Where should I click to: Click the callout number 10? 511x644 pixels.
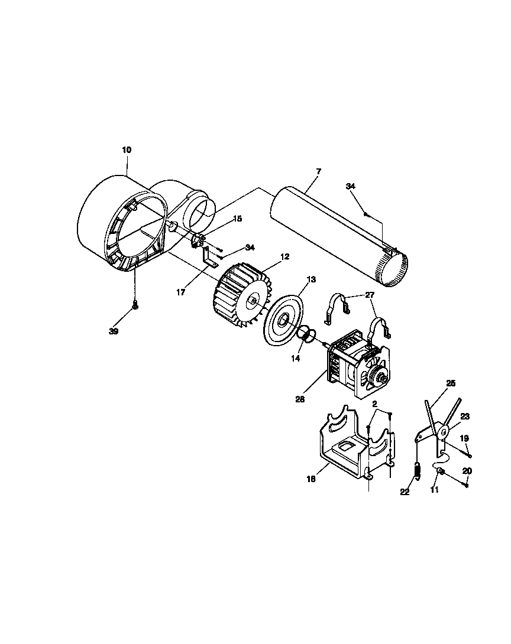tap(127, 150)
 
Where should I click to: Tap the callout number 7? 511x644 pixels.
tap(318, 171)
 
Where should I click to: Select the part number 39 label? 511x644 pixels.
tap(114, 331)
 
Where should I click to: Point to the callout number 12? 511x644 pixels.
tap(285, 257)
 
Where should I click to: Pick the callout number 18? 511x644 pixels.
tap(311, 479)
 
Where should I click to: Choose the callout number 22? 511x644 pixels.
tap(405, 492)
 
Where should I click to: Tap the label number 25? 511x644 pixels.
tap(451, 384)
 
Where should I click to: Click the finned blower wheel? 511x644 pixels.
tap(240, 295)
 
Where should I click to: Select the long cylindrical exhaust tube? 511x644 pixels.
tap(337, 236)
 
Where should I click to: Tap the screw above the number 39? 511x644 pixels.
tap(135, 305)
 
